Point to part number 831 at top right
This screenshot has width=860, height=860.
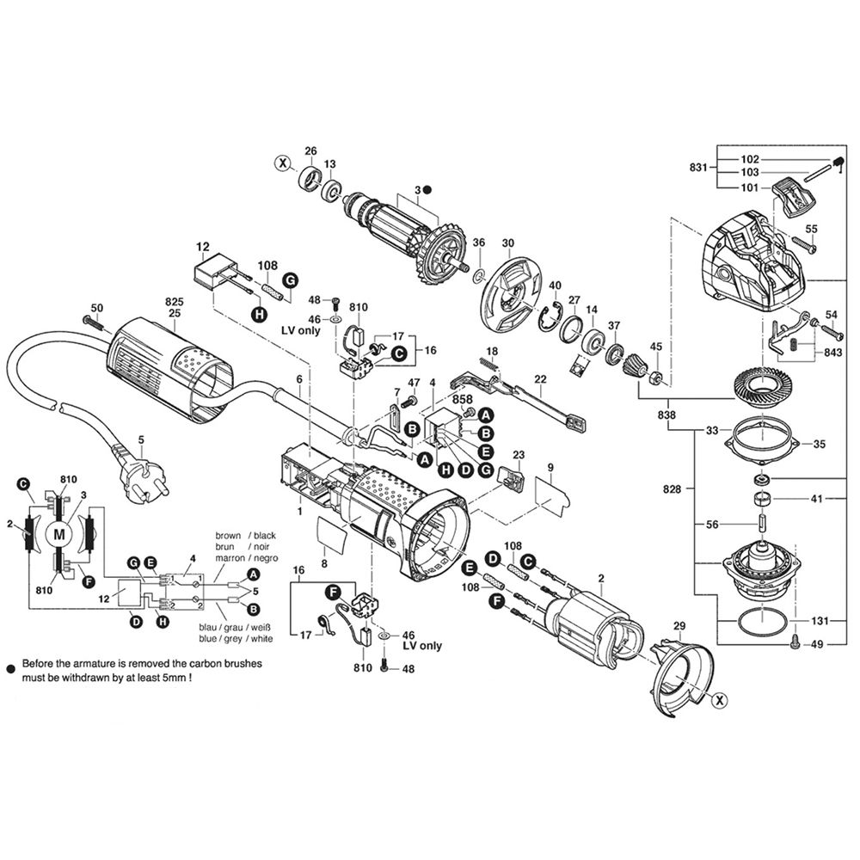tap(698, 168)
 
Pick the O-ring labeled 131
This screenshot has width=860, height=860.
tap(762, 622)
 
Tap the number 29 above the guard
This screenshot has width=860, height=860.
tap(679, 626)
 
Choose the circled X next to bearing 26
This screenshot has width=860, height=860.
tap(283, 163)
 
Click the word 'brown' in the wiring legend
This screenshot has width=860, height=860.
tap(228, 535)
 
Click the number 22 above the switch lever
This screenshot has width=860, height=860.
tap(540, 379)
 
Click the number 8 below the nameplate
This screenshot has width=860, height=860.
tap(324, 563)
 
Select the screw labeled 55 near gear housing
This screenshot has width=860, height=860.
tap(802, 243)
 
